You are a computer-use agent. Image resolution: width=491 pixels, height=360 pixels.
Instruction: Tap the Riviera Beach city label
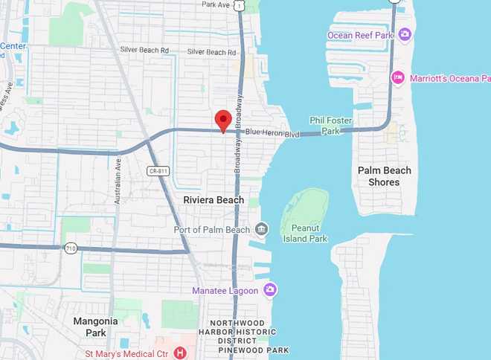[x=214, y=200]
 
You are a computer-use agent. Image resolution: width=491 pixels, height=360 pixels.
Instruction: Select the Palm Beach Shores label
[x=384, y=176]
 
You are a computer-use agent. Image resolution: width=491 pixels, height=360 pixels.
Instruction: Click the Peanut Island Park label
[x=305, y=234]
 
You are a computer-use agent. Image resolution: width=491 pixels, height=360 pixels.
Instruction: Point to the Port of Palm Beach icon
[x=261, y=228]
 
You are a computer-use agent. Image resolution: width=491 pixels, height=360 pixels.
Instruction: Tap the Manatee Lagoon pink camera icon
[x=270, y=289]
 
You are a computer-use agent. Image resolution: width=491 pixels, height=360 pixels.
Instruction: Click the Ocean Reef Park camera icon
[x=405, y=34]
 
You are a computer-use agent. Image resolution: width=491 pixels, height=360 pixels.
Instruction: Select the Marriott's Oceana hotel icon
[x=397, y=77]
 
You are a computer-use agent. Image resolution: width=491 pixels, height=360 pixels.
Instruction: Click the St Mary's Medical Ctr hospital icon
[x=179, y=352]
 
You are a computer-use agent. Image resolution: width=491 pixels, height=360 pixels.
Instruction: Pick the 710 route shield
[x=71, y=248]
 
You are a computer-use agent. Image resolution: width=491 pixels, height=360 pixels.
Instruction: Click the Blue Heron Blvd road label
[x=275, y=134]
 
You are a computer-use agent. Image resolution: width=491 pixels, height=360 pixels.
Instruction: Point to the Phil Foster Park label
[x=324, y=126]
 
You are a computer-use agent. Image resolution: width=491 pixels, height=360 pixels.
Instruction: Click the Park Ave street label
[x=216, y=4]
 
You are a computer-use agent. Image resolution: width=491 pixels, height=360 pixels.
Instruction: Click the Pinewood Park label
[x=257, y=350]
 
